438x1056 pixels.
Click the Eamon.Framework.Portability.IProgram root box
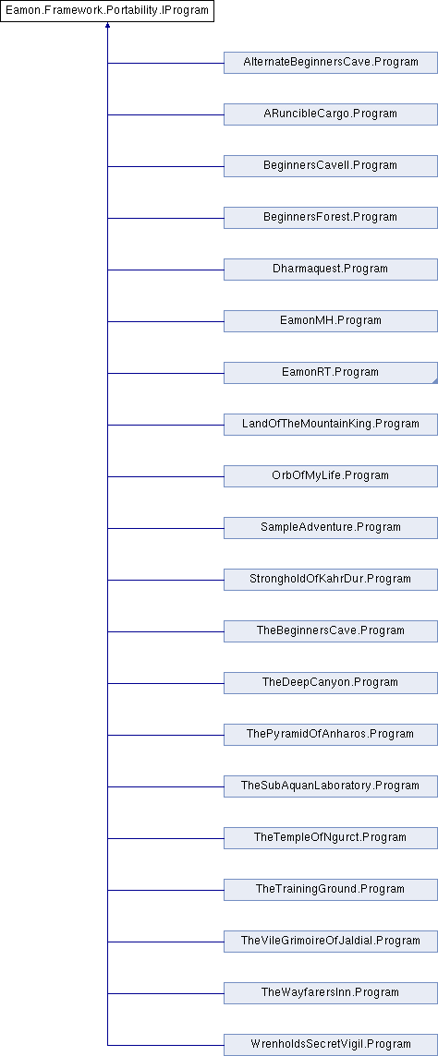click(107, 11)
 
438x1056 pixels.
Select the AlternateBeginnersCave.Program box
click(331, 63)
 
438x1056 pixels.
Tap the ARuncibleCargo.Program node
click(331, 114)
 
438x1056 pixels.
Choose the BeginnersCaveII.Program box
click(331, 165)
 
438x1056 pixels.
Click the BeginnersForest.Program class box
click(331, 218)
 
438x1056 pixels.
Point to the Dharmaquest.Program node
click(331, 270)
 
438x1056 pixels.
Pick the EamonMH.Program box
click(331, 321)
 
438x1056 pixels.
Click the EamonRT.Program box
click(331, 372)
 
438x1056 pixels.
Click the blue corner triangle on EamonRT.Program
click(435, 381)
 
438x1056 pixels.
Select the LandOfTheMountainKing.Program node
click(331, 425)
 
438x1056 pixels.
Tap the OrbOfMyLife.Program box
click(331, 476)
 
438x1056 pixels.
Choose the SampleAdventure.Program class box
click(331, 527)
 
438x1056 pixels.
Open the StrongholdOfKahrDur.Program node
click(331, 579)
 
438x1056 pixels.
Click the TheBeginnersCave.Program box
click(331, 631)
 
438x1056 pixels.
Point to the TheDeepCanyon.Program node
click(331, 683)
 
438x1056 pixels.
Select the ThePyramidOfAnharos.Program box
click(331, 734)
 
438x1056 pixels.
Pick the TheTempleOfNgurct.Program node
click(331, 838)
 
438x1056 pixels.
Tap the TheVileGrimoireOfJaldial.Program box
click(331, 941)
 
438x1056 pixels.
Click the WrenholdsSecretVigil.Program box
click(331, 1045)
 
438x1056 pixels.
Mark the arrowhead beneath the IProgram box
click(107, 25)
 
